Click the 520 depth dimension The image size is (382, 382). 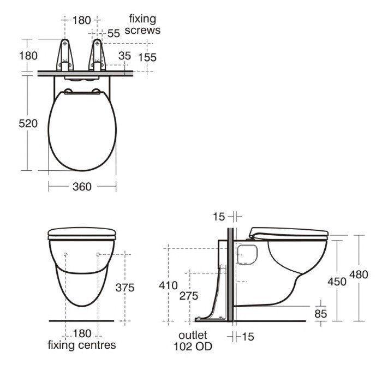[28, 123]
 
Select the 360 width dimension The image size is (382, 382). [82, 187]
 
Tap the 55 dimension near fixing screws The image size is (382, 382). [114, 33]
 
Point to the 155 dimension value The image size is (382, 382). [147, 57]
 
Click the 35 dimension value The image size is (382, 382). [125, 56]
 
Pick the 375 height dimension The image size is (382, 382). [125, 288]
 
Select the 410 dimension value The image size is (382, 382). [168, 285]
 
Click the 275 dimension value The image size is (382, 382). [189, 296]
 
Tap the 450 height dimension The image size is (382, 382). [337, 282]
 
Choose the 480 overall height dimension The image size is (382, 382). [359, 274]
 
